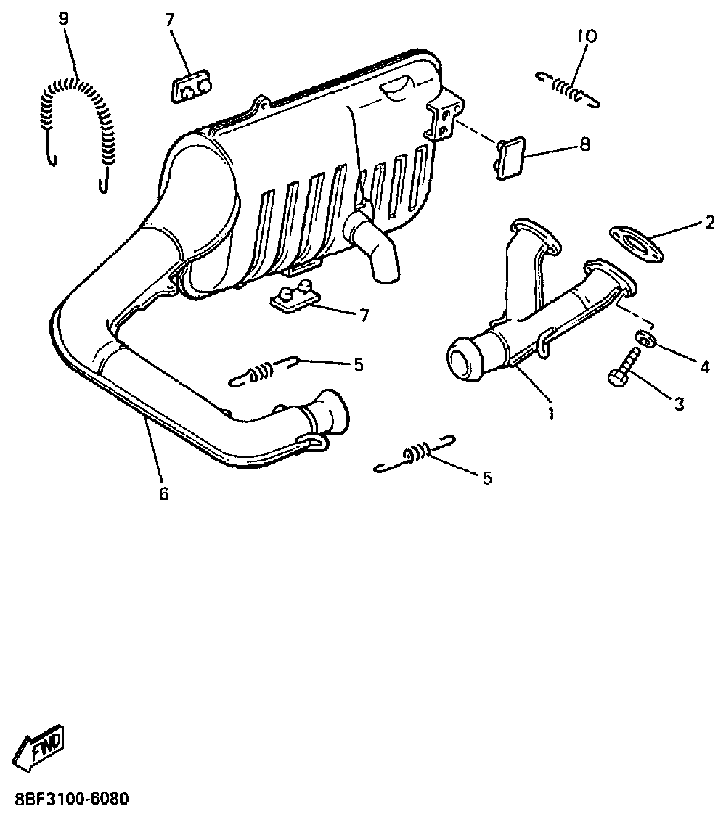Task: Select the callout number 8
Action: (585, 145)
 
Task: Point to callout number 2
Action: (710, 223)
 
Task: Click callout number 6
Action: (163, 494)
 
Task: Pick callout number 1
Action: (551, 414)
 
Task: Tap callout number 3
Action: (679, 404)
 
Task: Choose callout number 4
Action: (704, 367)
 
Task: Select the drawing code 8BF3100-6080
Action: (70, 800)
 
